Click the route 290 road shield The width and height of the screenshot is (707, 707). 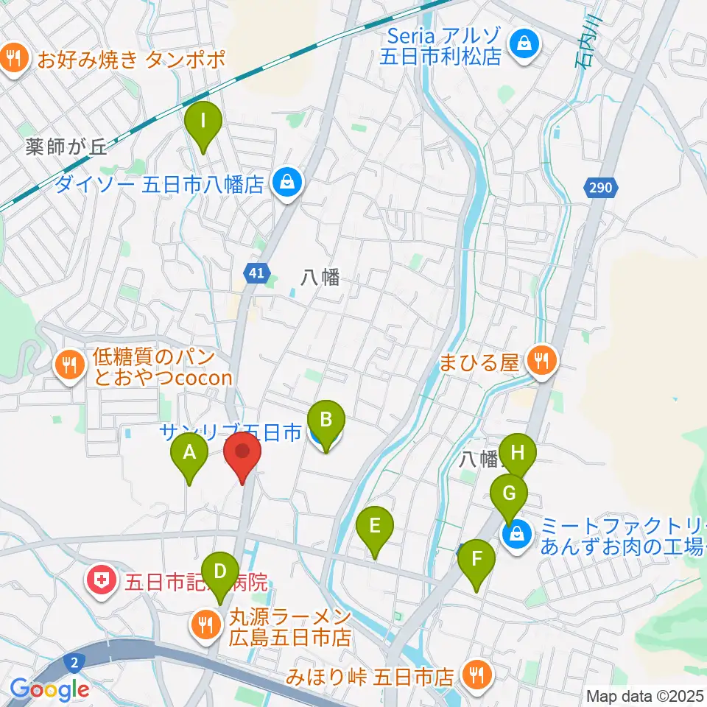click(600, 189)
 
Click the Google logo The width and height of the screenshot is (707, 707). click(49, 689)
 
